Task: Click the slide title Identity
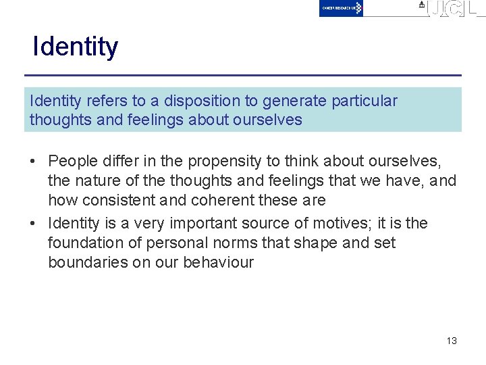75,47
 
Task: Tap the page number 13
452,341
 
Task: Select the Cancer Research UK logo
341,8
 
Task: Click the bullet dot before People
32,162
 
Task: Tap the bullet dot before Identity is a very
32,224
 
